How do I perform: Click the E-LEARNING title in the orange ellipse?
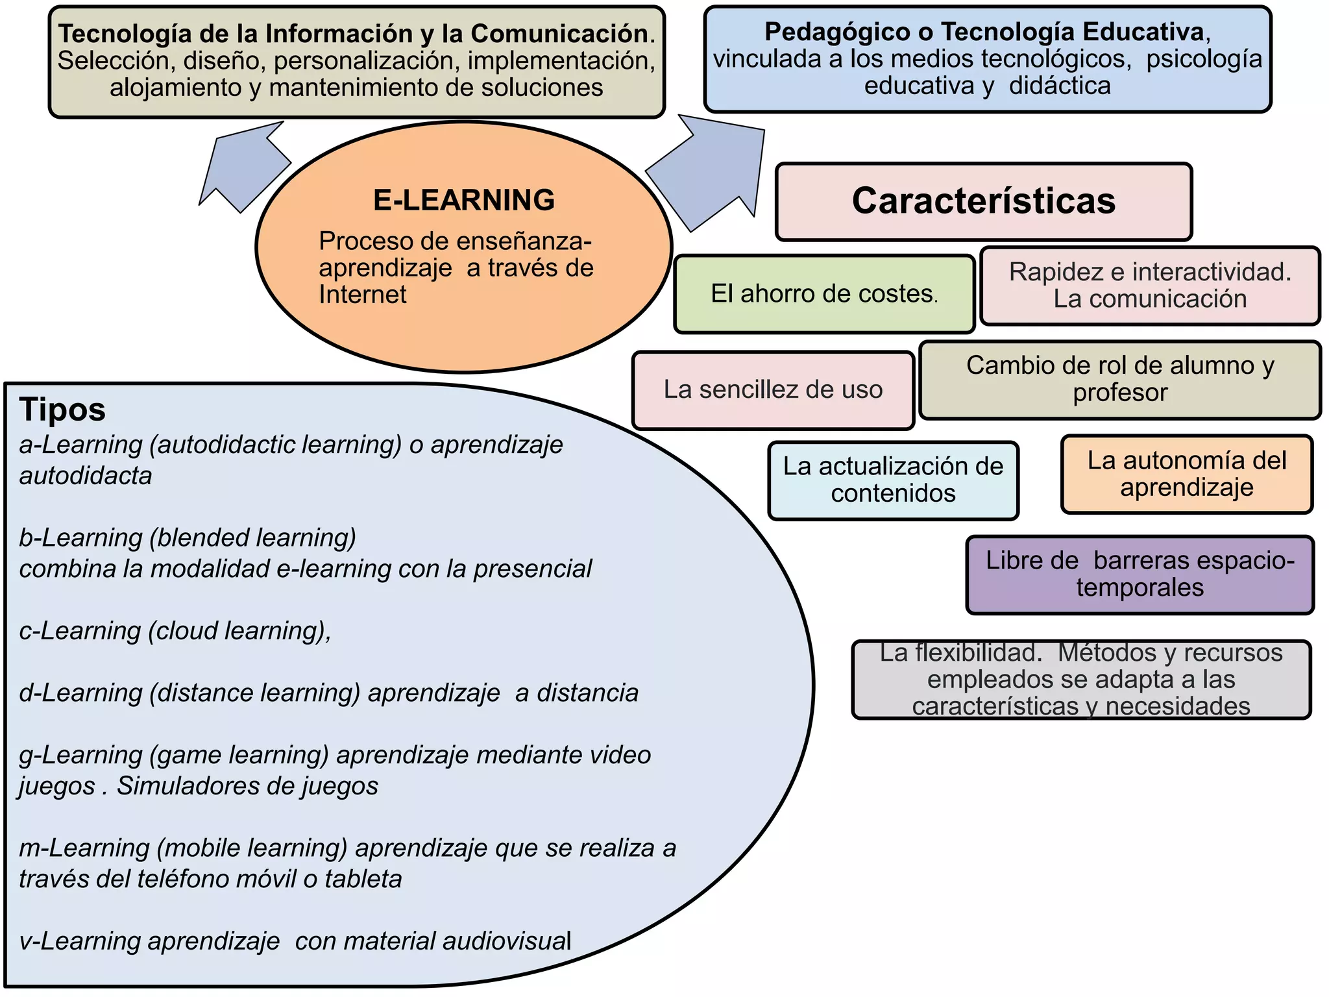pos(463,200)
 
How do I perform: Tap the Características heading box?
pos(983,201)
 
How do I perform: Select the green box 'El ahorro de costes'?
pos(824,294)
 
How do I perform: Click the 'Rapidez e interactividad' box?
pos(1149,286)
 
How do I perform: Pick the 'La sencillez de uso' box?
pos(772,390)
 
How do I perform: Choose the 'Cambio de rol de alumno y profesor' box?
pos(1119,379)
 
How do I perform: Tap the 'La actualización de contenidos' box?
pos(893,480)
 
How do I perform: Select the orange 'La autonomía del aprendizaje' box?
pos(1186,474)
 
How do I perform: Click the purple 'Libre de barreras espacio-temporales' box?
pos(1140,574)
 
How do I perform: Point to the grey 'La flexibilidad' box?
pos(1080,680)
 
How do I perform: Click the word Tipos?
pos(62,410)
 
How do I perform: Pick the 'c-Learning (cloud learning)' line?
pos(175,631)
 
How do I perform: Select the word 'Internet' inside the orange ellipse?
pos(362,295)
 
